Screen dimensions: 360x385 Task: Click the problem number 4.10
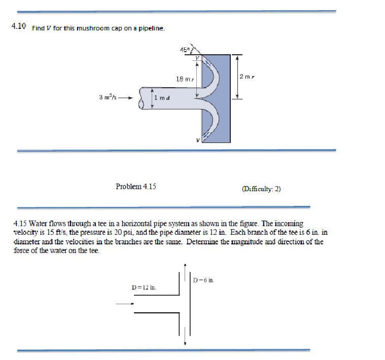point(18,27)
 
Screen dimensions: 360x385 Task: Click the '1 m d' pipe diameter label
point(163,97)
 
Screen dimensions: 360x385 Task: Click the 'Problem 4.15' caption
point(136,187)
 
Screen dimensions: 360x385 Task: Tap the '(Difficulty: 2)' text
point(262,189)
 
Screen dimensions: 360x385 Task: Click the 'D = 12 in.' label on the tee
point(143,287)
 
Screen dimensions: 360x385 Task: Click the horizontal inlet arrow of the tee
point(125,304)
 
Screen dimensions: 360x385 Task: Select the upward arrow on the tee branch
point(186,269)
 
